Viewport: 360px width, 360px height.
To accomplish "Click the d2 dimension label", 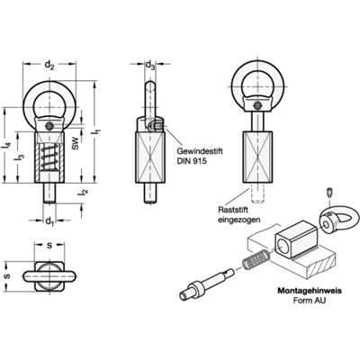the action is pyautogui.click(x=49, y=65).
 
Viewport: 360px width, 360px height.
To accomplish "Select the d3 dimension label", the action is pyautogui.click(x=150, y=65).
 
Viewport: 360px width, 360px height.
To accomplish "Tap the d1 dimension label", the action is pyautogui.click(x=49, y=221).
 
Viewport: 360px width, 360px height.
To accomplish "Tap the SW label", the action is pyautogui.click(x=76, y=143).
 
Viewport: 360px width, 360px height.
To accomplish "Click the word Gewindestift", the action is pyautogui.click(x=200, y=151).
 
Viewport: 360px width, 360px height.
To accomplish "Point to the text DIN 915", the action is pyautogui.click(x=192, y=161).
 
